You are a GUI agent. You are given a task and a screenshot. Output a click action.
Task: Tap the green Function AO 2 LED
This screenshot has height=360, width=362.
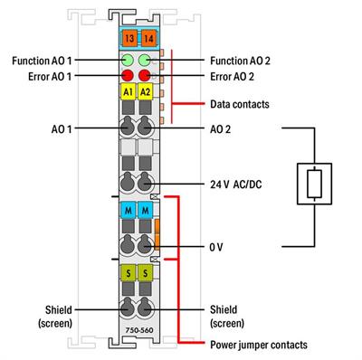[145, 61]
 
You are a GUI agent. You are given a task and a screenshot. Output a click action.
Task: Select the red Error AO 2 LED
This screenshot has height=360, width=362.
[145, 76]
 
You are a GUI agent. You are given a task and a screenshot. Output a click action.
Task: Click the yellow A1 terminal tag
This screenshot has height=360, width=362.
[127, 92]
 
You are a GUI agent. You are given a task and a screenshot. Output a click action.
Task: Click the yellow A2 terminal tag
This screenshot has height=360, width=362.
[145, 92]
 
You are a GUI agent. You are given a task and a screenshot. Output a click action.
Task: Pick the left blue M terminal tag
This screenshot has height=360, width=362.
[127, 211]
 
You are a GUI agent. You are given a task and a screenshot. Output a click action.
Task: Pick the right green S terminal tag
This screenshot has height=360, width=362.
[145, 272]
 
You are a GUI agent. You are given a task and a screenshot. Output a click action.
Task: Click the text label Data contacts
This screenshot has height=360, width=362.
[238, 104]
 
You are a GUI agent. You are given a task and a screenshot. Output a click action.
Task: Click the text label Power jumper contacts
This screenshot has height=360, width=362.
[258, 345]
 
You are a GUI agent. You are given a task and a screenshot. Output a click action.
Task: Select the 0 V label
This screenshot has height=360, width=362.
[216, 245]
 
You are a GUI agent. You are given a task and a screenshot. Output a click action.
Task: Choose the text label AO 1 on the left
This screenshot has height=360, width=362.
[63, 129]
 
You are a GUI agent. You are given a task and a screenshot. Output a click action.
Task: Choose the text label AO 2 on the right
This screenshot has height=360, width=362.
[221, 129]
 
